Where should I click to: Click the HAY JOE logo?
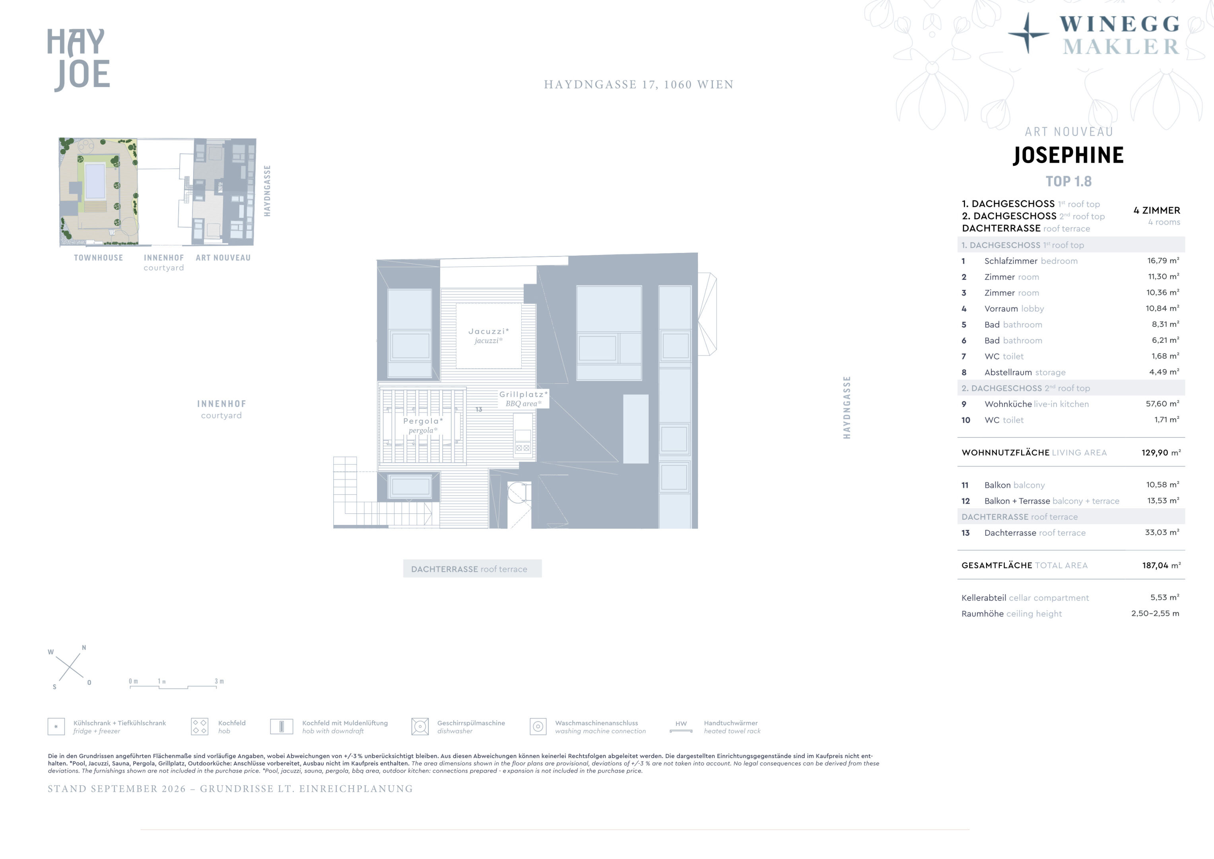coord(78,60)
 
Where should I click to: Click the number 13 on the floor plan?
coord(478,409)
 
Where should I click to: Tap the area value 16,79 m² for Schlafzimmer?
coord(1163,261)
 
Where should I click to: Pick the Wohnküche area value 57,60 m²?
coord(1162,404)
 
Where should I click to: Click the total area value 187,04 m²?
coord(1161,566)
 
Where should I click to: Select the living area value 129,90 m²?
coord(1161,453)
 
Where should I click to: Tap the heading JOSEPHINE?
coord(1068,155)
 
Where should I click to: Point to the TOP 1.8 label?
coord(1068,181)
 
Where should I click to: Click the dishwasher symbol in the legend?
coord(420,727)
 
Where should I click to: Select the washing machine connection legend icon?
coord(538,727)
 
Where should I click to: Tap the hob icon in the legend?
coord(199,727)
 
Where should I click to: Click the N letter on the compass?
coord(84,648)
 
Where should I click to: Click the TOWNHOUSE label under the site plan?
coord(98,258)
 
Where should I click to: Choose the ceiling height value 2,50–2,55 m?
coord(1155,614)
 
